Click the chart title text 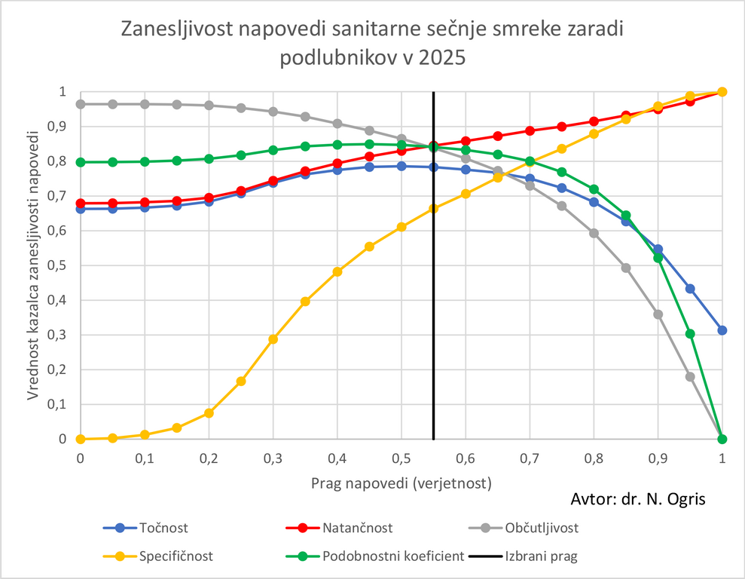[373, 44]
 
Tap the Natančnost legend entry [358, 528]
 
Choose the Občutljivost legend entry [545, 528]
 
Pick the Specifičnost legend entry [176, 557]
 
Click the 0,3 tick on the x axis [273, 458]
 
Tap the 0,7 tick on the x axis [530, 458]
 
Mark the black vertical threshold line [433, 302]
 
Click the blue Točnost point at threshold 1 [722, 330]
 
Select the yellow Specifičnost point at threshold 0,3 [273, 339]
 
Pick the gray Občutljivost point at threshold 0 [81, 104]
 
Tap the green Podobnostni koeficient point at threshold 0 [81, 162]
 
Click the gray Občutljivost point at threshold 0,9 [658, 314]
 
